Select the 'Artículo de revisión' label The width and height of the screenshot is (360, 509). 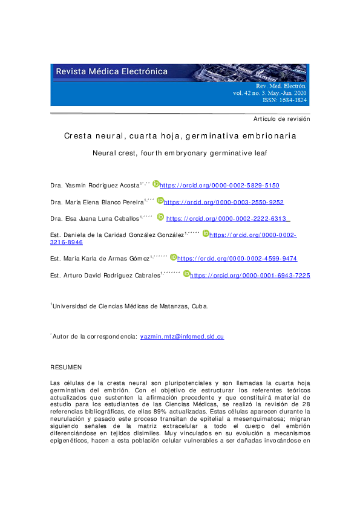click(x=281, y=119)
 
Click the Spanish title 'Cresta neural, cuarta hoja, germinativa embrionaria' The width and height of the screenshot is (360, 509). click(x=180, y=137)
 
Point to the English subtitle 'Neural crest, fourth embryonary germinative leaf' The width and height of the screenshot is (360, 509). click(x=180, y=154)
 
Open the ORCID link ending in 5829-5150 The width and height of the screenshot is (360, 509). click(x=220, y=186)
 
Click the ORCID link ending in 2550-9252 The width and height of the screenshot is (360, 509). click(x=224, y=203)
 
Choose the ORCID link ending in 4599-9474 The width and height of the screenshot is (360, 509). click(x=237, y=259)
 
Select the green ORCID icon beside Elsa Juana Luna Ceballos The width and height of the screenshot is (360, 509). click(x=160, y=217)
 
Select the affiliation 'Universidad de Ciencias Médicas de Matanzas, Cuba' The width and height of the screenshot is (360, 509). click(x=130, y=306)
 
